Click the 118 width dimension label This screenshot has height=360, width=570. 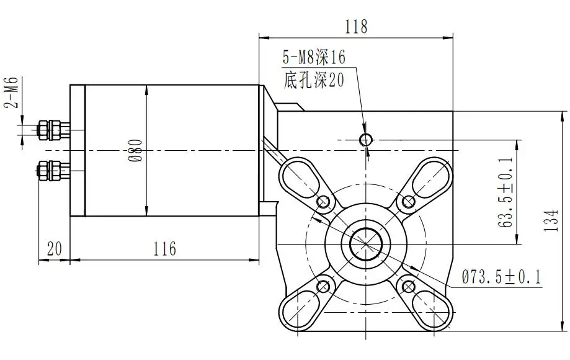356,27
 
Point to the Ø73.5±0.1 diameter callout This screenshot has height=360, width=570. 501,277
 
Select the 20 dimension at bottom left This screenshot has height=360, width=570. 55,249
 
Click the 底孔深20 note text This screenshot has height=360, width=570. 313,79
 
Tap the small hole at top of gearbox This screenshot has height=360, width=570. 367,139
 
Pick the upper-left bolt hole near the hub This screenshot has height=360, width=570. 323,202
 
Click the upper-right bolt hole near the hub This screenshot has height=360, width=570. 409,201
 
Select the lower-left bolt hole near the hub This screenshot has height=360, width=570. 323,286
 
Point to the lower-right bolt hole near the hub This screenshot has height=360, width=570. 409,286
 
